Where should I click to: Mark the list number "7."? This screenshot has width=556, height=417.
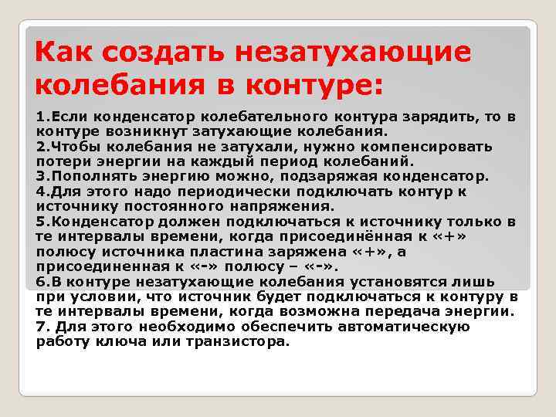(x=43, y=326)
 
